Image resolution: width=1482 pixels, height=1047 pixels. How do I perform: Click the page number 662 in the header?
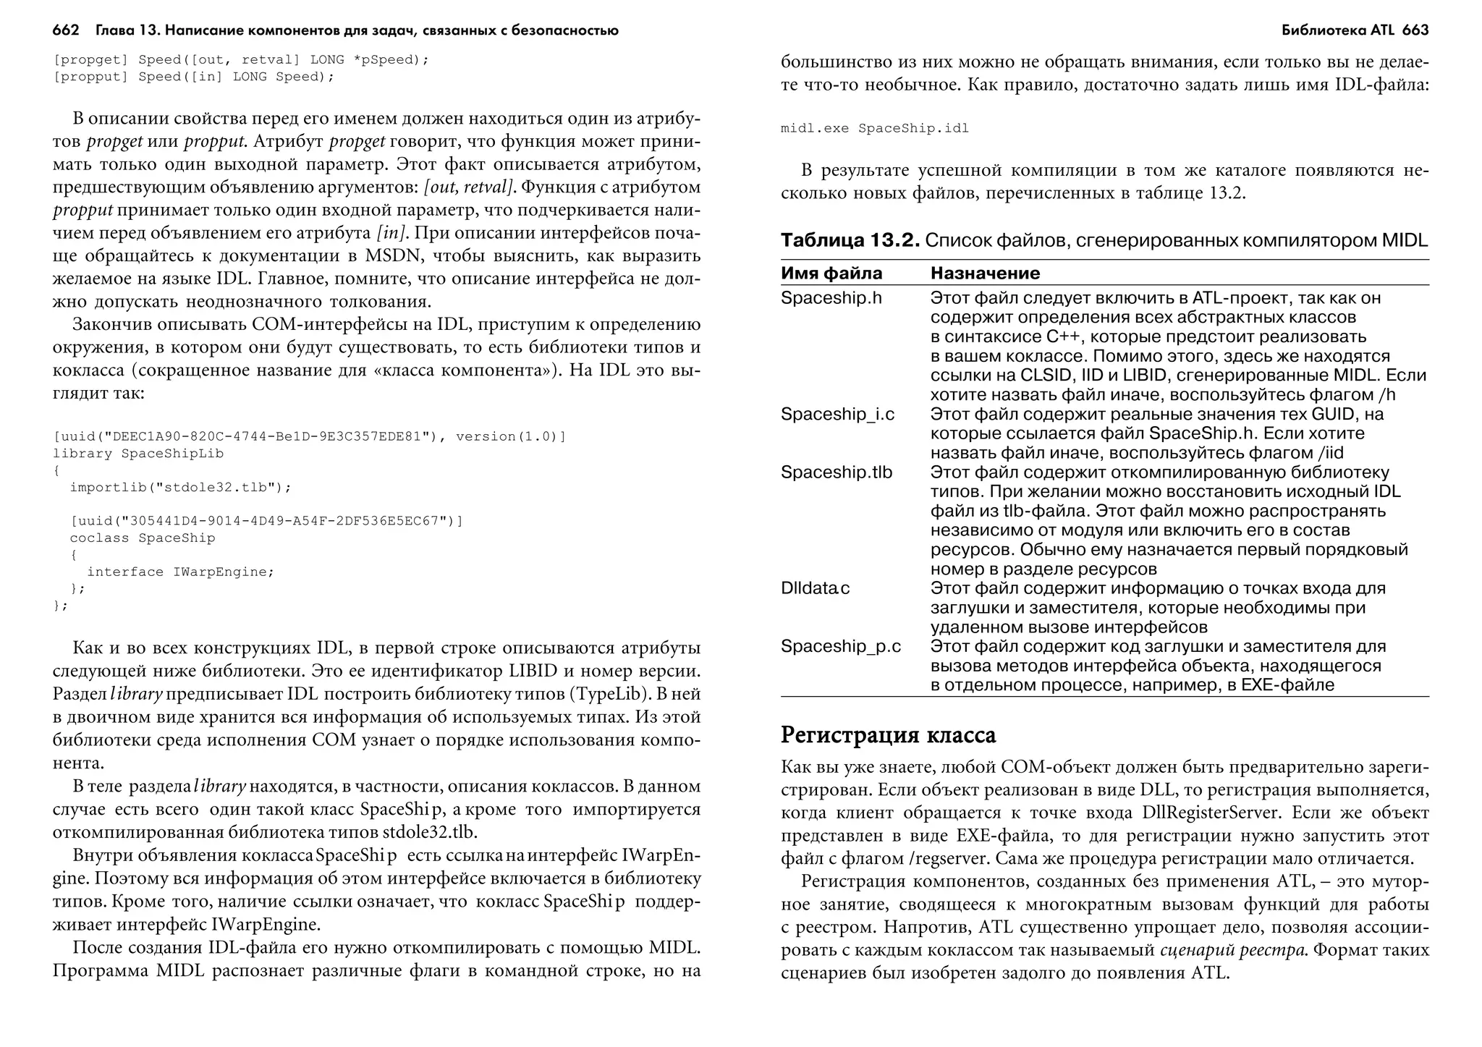click(x=65, y=30)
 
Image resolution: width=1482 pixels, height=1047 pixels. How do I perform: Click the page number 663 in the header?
click(x=1415, y=30)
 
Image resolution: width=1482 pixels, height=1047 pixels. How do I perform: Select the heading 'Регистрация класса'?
click(x=888, y=735)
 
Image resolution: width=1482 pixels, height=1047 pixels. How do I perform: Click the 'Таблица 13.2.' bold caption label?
click(x=850, y=241)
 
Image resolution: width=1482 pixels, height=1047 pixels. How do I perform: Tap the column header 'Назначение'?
click(x=985, y=274)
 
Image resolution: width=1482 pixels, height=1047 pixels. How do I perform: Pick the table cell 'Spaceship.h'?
click(x=831, y=298)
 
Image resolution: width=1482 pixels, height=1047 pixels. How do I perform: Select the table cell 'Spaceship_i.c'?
click(x=837, y=415)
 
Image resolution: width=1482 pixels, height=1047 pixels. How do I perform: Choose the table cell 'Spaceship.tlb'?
click(x=836, y=472)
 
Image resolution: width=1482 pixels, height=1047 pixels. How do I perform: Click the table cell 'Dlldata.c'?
click(x=815, y=588)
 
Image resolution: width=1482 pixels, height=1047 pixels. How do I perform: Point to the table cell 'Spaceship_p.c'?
click(x=840, y=646)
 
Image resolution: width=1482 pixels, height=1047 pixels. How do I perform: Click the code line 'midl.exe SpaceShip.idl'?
click(x=874, y=129)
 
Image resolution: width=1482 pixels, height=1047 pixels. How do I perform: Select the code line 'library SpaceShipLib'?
click(x=138, y=454)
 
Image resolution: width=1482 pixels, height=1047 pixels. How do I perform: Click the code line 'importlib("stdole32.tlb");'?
click(x=180, y=488)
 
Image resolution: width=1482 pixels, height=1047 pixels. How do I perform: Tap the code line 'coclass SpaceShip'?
click(x=143, y=538)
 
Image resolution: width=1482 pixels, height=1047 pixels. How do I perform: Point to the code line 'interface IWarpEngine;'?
click(x=181, y=572)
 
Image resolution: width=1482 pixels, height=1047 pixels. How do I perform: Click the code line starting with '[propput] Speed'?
click(x=193, y=77)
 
